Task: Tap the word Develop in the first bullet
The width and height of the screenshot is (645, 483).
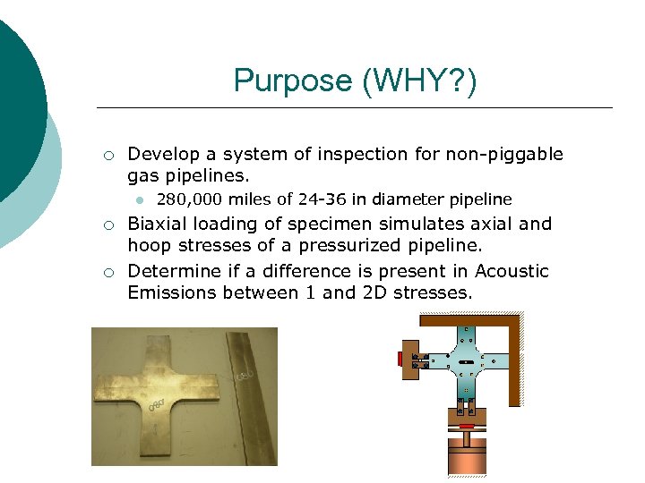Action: point(160,154)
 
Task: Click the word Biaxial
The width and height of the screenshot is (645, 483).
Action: point(157,224)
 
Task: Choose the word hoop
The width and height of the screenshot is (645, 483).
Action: point(148,246)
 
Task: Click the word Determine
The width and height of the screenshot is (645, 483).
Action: point(172,271)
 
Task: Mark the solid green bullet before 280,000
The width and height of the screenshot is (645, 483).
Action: point(141,199)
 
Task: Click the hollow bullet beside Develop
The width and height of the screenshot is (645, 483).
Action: point(107,155)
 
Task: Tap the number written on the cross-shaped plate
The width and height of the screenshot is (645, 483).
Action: point(160,404)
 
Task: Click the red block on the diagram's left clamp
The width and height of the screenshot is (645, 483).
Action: point(400,359)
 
